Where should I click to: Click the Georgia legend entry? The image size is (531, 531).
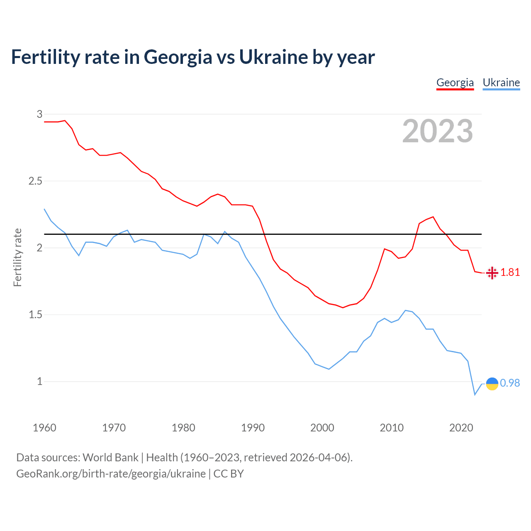(455, 83)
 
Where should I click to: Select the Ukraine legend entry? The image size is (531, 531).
(501, 83)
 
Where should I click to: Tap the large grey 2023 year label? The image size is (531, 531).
(438, 131)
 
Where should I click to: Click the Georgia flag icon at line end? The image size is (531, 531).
(492, 273)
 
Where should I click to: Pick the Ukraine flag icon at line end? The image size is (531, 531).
(492, 384)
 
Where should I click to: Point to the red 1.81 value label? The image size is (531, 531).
(510, 273)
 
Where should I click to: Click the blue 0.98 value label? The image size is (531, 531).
(510, 383)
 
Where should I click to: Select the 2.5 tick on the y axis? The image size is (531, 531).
(35, 181)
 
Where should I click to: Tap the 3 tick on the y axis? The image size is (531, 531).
(39, 114)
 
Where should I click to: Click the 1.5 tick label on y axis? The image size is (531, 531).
(35, 315)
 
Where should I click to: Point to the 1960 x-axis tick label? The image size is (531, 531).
(44, 428)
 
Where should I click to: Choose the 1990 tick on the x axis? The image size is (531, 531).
(253, 428)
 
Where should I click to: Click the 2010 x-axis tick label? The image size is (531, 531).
(392, 428)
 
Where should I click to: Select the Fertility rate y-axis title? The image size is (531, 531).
(17, 257)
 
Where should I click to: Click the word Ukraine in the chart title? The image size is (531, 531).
(273, 57)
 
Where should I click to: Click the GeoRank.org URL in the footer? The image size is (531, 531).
(111, 474)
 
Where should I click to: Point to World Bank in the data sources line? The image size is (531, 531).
(110, 458)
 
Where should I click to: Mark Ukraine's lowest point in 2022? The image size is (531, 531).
(475, 395)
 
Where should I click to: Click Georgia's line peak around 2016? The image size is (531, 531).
(433, 217)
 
